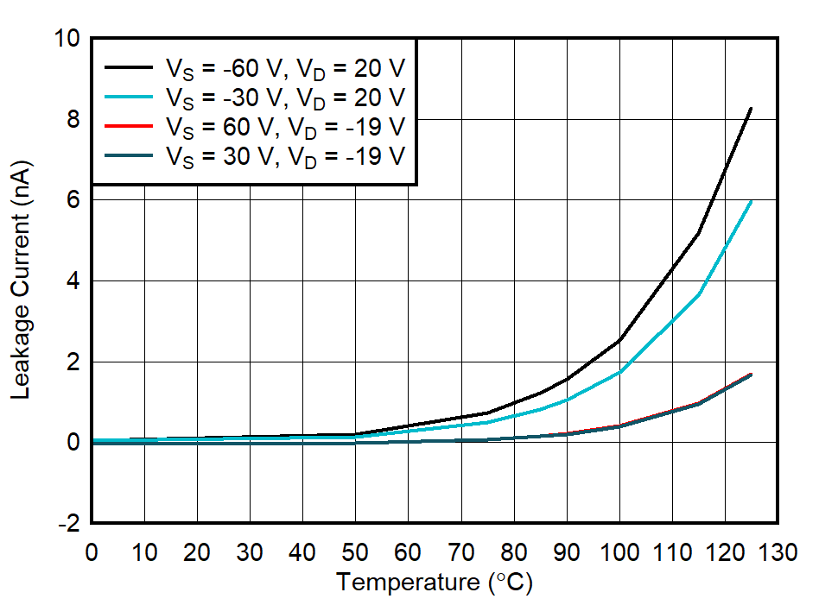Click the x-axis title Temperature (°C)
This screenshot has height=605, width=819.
435,583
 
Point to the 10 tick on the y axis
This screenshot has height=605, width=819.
68,39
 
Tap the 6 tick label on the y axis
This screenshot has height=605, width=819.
73,200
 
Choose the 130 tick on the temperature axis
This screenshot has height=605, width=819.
778,553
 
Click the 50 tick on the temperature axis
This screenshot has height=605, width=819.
355,553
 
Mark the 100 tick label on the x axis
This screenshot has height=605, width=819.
619,553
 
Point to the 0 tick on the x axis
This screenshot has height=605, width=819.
92,553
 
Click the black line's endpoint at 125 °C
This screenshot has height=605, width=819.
751,109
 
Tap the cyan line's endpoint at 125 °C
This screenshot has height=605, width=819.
751,201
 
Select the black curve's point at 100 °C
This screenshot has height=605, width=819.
619,340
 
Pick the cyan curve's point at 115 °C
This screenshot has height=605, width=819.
698,294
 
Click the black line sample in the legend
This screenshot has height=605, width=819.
130,67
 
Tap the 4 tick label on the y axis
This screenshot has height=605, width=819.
73,281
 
